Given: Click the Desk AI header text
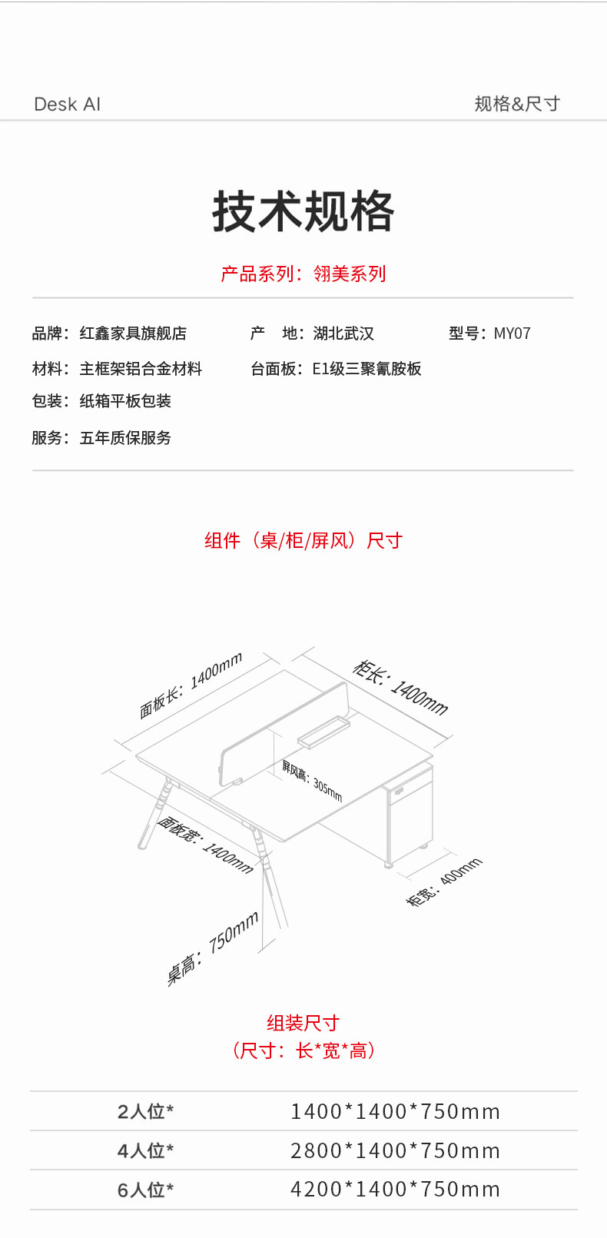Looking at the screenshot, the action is click(68, 104).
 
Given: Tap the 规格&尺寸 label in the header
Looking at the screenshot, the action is click(517, 103).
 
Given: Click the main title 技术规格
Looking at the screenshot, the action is click(303, 211).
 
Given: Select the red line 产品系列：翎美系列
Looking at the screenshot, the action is click(303, 274).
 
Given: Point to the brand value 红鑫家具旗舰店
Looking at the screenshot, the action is click(133, 334).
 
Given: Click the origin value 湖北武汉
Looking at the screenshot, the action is click(343, 334).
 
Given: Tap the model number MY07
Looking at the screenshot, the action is click(512, 334).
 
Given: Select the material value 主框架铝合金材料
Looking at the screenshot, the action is click(141, 369).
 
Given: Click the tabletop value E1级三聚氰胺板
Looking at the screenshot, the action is click(367, 369).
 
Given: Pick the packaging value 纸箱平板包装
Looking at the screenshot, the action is click(125, 400).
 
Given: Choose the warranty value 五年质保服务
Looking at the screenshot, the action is click(125, 438).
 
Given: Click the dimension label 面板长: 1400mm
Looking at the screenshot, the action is click(191, 685).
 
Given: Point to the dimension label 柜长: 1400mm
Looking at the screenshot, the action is click(400, 688).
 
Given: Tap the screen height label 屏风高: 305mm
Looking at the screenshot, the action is click(312, 781).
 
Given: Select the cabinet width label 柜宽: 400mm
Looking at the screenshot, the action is click(444, 883).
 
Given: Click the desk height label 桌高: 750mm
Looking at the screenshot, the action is click(213, 948).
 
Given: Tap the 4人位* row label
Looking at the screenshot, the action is click(145, 1150).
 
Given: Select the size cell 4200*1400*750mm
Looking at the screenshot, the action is click(395, 1189).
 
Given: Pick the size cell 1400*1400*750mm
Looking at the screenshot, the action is click(395, 1111).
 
